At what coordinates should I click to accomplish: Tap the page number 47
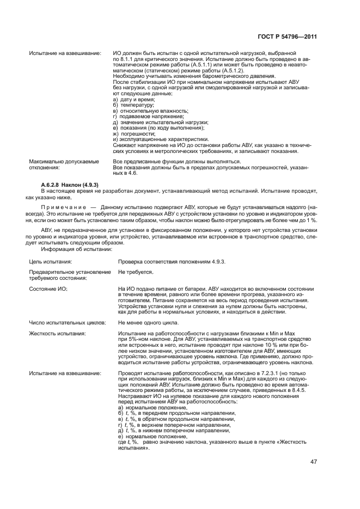313,462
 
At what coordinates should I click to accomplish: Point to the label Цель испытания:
52,261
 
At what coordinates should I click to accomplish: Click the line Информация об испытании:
77,250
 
